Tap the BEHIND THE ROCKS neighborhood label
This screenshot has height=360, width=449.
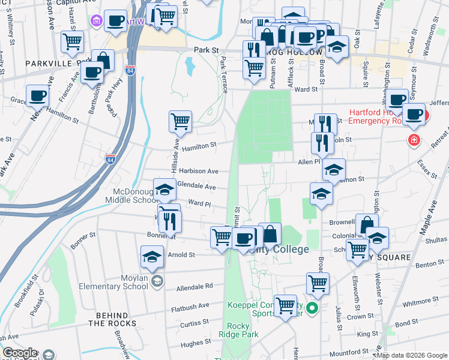[111, 319]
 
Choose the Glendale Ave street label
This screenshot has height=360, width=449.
[196, 187]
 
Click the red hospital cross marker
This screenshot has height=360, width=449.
[414, 140]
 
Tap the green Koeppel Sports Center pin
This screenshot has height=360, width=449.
[312, 309]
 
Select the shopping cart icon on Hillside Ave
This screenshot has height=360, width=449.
[180, 122]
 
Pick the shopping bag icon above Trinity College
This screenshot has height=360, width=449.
[271, 233]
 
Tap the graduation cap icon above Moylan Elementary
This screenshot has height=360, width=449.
[152, 257]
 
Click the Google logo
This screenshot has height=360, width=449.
[20, 353]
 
